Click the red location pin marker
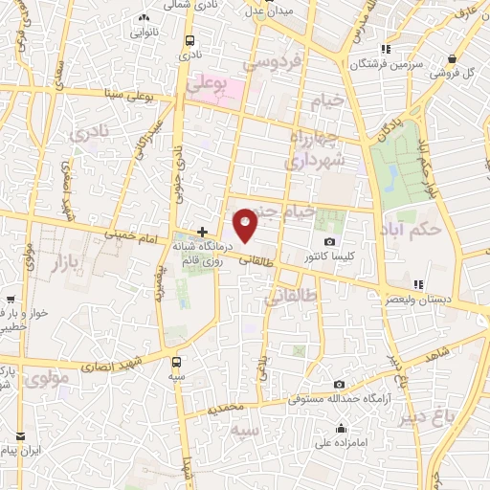(247, 224)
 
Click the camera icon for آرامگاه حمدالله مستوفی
(339, 385)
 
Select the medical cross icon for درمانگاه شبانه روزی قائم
(202, 231)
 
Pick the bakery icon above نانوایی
(144, 17)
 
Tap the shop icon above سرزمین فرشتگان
(385, 50)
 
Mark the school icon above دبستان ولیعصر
(417, 284)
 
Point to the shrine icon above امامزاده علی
(342, 427)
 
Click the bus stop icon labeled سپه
(176, 362)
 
